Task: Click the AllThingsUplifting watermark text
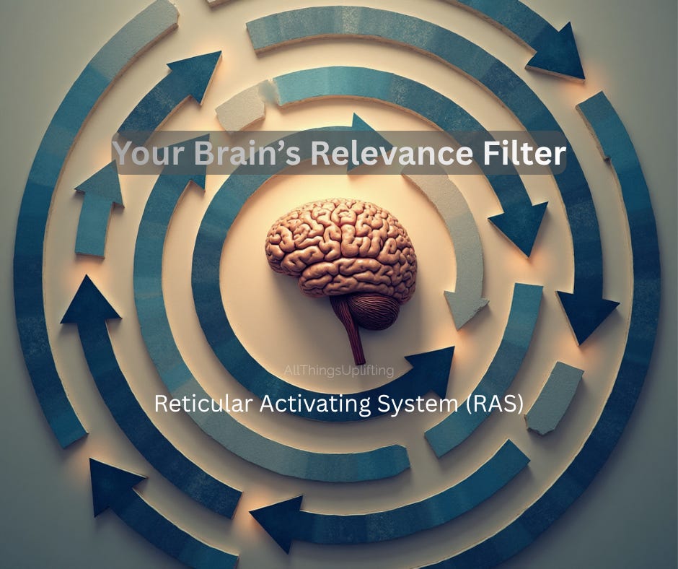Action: pos(338,371)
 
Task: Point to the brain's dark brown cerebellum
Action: pos(373,310)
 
